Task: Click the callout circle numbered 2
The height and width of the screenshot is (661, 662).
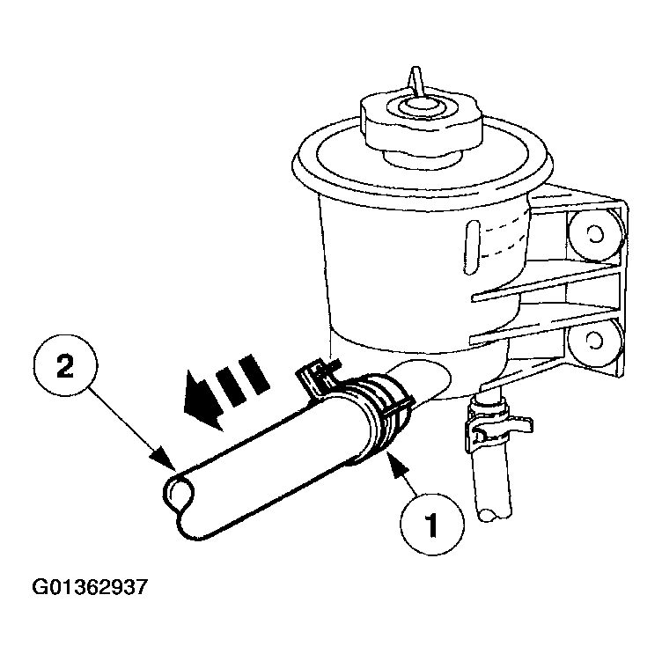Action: click(65, 365)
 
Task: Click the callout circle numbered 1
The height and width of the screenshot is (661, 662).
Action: click(431, 524)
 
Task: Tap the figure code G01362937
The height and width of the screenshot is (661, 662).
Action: click(90, 587)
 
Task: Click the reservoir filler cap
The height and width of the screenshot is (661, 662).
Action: click(421, 122)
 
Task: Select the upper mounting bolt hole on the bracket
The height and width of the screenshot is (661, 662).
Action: click(595, 235)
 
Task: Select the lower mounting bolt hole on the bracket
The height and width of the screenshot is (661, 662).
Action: click(595, 341)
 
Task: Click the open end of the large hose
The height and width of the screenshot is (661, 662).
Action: click(179, 493)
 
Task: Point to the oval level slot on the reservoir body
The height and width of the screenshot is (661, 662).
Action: click(471, 247)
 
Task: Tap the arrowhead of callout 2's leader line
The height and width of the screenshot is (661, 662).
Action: click(163, 458)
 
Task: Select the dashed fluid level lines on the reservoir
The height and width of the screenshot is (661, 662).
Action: click(504, 239)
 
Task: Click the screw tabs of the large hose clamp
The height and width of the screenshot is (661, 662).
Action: click(318, 373)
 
